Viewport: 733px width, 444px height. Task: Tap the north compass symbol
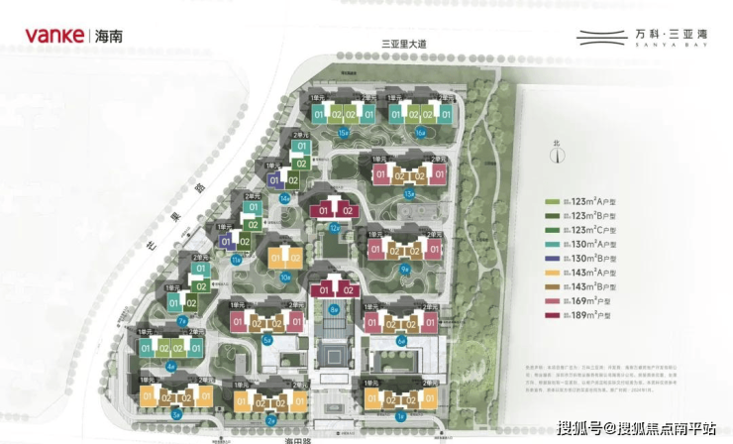pos(558,152)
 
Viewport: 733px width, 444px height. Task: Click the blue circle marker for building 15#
pos(344,132)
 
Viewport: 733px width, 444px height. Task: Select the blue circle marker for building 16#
pos(421,132)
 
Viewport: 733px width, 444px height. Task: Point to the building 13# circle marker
pos(409,193)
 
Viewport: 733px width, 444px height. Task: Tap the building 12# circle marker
pos(335,227)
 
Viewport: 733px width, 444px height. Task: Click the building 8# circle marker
pos(335,309)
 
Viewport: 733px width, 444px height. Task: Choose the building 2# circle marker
pos(270,420)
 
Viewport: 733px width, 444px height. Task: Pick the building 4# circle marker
pos(171,367)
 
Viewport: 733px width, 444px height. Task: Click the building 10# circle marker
pos(285,277)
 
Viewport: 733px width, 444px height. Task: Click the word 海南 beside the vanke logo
pos(107,38)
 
